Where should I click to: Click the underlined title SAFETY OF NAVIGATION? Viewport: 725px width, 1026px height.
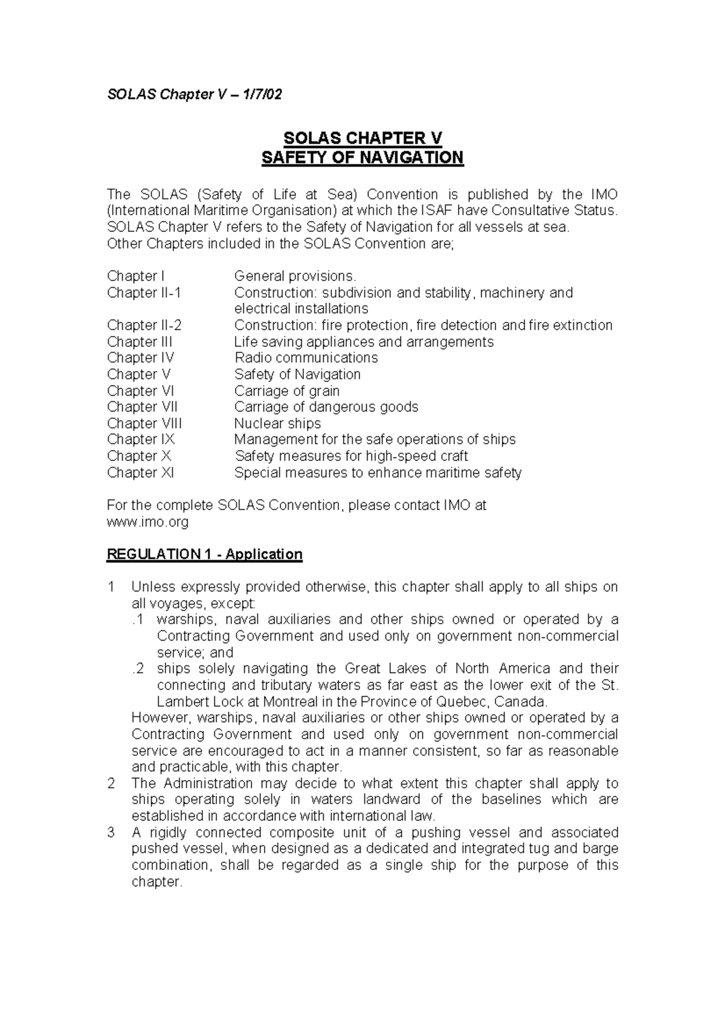point(362,158)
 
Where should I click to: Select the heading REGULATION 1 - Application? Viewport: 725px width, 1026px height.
point(204,554)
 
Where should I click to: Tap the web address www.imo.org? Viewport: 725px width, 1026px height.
point(147,521)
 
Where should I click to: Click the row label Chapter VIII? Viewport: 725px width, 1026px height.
point(144,423)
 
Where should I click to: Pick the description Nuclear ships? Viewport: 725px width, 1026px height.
point(277,423)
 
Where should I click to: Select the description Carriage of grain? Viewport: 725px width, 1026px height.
point(287,390)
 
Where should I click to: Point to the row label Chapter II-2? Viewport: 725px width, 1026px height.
point(144,325)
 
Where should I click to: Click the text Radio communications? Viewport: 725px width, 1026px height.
point(306,358)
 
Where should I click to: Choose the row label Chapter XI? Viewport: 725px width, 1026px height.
point(140,473)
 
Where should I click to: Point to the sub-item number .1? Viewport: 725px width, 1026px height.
point(138,619)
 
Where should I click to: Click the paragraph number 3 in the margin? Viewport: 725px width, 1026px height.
point(111,833)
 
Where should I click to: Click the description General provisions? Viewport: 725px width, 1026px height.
point(295,276)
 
